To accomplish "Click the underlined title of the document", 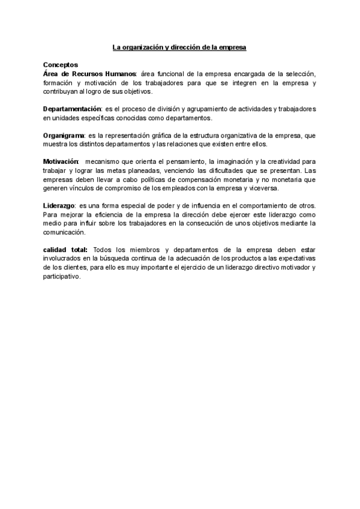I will click(x=180, y=47).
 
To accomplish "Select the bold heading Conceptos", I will click(x=60, y=64).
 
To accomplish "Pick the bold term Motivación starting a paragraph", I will click(x=61, y=162).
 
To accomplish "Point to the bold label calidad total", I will click(x=65, y=250).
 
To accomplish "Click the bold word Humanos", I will click(x=118, y=73).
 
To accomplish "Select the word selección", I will click(x=299, y=73).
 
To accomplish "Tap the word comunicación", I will click(x=62, y=232).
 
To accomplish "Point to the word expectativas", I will click(x=295, y=259).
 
